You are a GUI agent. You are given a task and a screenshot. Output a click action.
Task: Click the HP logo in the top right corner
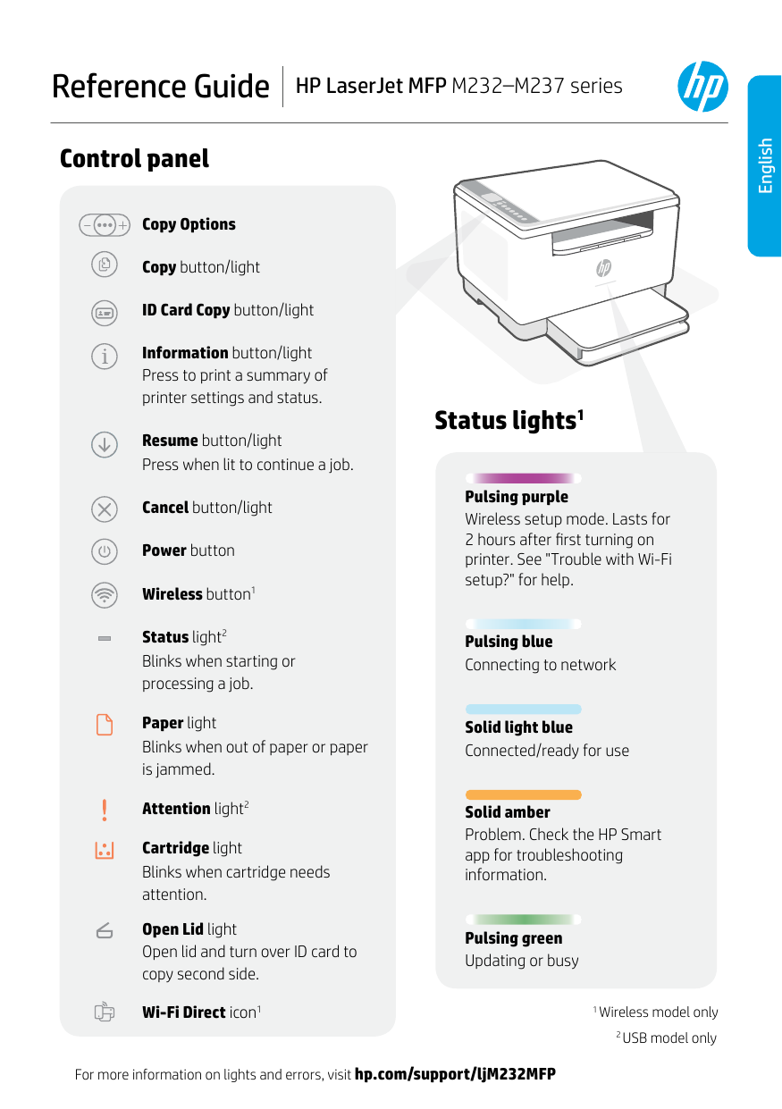[702, 87]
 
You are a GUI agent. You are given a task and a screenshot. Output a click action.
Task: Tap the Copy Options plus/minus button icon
[104, 224]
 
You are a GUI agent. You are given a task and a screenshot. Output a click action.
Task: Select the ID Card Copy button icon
[105, 311]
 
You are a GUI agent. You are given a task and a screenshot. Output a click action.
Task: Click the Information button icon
[105, 357]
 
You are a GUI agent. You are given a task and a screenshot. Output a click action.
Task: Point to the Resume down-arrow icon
[105, 444]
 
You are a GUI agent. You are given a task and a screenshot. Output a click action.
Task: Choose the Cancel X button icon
[105, 508]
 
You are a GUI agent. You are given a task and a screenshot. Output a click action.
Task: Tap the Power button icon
[105, 551]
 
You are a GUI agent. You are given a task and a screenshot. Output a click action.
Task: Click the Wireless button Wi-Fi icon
[105, 594]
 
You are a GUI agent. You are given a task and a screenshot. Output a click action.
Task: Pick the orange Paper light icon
[105, 724]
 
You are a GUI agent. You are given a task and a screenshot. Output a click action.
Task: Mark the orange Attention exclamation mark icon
[105, 810]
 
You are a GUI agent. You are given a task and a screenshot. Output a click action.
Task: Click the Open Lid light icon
[105, 930]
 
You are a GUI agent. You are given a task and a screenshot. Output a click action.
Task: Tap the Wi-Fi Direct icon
[105, 1012]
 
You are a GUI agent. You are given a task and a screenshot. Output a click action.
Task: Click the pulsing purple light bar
[524, 478]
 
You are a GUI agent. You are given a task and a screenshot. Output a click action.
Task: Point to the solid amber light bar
[524, 794]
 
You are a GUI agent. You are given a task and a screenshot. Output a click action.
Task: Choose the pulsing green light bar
[524, 919]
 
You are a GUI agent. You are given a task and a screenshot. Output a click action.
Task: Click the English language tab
[765, 165]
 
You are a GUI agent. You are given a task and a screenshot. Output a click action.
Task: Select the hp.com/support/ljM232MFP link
[455, 1074]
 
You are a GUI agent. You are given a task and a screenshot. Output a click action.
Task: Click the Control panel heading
[134, 159]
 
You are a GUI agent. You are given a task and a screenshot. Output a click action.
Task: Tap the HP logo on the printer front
[603, 267]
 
